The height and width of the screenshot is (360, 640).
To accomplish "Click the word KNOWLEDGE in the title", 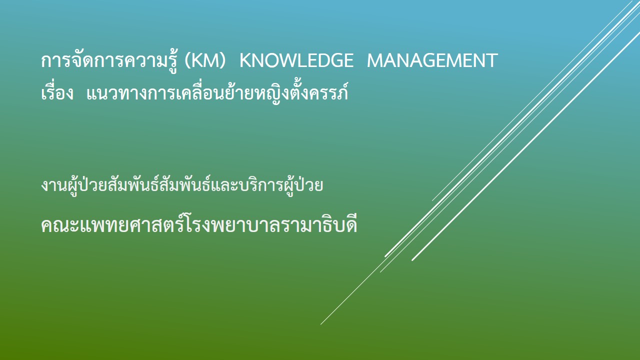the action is pyautogui.click(x=296, y=60).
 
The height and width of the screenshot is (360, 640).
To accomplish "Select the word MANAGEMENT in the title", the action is pyautogui.click(x=432, y=60).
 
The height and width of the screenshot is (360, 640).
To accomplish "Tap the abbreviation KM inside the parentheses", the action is pyautogui.click(x=205, y=60).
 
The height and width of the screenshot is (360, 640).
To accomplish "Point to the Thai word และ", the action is pyautogui.click(x=225, y=185).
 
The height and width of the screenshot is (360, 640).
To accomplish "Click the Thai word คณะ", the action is pyautogui.click(x=59, y=225).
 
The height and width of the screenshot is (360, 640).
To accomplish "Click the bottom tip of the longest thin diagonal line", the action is pyautogui.click(x=320, y=324).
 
